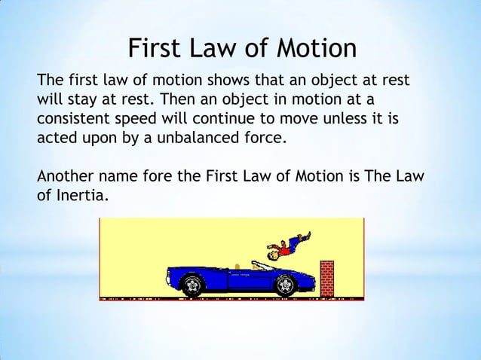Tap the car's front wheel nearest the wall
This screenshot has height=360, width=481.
pos(285,285)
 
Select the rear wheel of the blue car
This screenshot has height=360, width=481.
pos(194,285)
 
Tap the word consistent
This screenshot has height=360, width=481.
pos(71,119)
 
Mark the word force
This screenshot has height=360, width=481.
pos(267,139)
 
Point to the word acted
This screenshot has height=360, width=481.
pos(57,139)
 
